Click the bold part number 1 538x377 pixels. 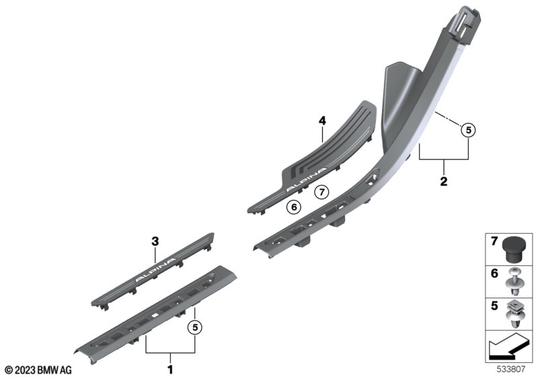click(170, 370)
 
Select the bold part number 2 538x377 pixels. click(444, 181)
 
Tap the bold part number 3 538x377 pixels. click(155, 242)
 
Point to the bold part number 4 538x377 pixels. click(322, 121)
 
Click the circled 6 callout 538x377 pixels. click(294, 207)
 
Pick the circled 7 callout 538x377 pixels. click(321, 192)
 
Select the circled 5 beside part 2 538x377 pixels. click(468, 131)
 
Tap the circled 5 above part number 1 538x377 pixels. click(195, 328)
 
